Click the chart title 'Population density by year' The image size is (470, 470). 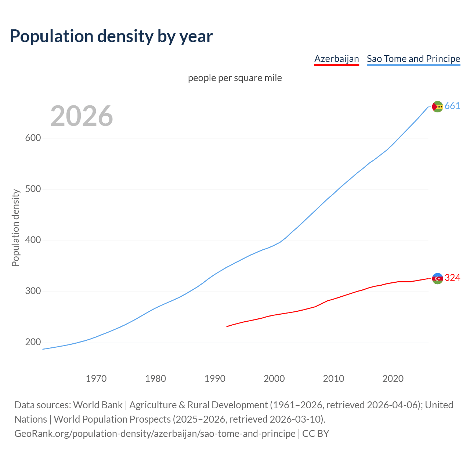pyautogui.click(x=111, y=36)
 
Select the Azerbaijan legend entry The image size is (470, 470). pyautogui.click(x=336, y=59)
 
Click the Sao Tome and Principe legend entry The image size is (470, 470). pyautogui.click(x=413, y=59)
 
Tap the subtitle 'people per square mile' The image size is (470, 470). pyautogui.click(x=235, y=78)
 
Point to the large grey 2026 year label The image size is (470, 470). pyautogui.click(x=82, y=116)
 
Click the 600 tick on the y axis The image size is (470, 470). pyautogui.click(x=33, y=138)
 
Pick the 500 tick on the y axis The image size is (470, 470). pyautogui.click(x=33, y=189)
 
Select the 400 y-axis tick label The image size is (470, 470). pyautogui.click(x=33, y=240)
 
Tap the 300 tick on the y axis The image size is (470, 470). pyautogui.click(x=33, y=291)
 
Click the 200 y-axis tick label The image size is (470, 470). pyautogui.click(x=33, y=342)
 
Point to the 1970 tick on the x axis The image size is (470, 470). pyautogui.click(x=96, y=379)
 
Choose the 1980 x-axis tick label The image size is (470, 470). pyautogui.click(x=156, y=379)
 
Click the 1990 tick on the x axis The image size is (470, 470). pyautogui.click(x=215, y=379)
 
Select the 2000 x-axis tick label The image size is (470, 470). pyautogui.click(x=274, y=379)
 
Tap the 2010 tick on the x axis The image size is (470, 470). pyautogui.click(x=333, y=379)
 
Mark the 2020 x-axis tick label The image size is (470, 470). pyautogui.click(x=393, y=379)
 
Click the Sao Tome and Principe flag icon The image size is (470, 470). pyautogui.click(x=437, y=106)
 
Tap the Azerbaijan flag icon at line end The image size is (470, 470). pyautogui.click(x=437, y=278)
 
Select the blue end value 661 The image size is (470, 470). pyautogui.click(x=452, y=106)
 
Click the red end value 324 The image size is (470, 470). pyautogui.click(x=452, y=278)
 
